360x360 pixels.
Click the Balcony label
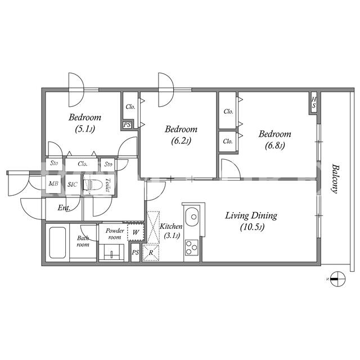click(x=335, y=179)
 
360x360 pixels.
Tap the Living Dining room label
click(x=251, y=221)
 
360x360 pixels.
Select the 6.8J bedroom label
click(x=275, y=139)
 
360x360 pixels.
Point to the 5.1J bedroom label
click(x=85, y=123)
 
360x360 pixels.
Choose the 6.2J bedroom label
click(x=181, y=135)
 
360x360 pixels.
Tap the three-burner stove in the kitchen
click(x=192, y=247)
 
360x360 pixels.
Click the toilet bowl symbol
click(x=92, y=185)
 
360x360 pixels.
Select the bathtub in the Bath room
click(x=57, y=242)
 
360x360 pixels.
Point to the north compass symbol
click(x=337, y=279)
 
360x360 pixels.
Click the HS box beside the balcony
click(x=314, y=102)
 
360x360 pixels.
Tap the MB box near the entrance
click(x=53, y=184)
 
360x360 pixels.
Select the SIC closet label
click(x=73, y=184)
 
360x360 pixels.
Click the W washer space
click(x=136, y=232)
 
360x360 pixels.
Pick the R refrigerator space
click(x=151, y=253)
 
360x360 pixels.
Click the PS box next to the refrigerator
click(x=135, y=253)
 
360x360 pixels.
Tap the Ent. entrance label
click(x=64, y=208)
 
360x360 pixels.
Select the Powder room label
click(x=115, y=234)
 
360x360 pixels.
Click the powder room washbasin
click(x=111, y=253)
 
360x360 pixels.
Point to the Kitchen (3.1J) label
click(x=171, y=231)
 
